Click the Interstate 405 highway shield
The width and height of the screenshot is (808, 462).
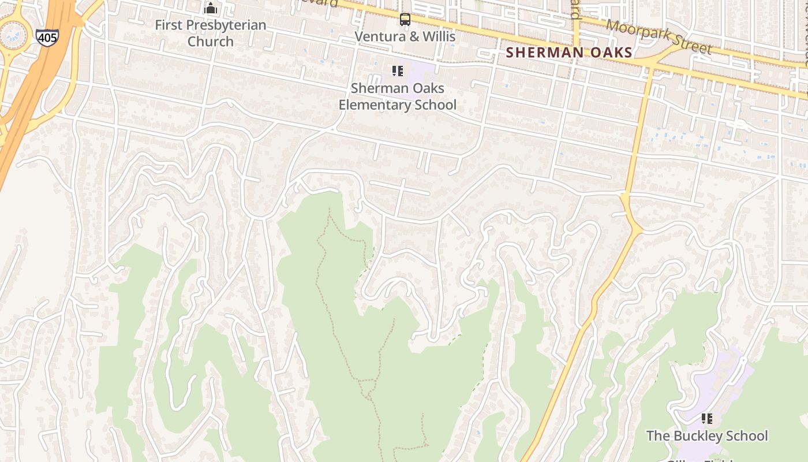[47, 38]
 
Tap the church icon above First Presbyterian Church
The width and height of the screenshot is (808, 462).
[211, 9]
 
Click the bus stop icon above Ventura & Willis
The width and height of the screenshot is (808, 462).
[405, 20]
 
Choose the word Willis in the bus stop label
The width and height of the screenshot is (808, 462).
[438, 36]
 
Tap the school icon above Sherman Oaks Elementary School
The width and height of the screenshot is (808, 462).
[398, 71]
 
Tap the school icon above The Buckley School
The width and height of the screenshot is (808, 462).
[707, 419]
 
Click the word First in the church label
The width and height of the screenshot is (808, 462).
[169, 25]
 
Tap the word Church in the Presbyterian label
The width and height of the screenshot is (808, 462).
[211, 42]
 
